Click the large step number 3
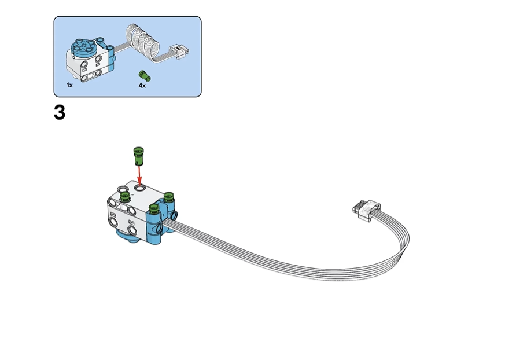click(60, 113)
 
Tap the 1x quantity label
click(69, 85)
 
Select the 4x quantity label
click(142, 85)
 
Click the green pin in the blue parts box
click(145, 75)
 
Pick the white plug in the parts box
click(179, 52)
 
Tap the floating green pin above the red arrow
click(138, 156)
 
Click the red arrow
click(139, 175)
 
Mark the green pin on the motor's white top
click(124, 197)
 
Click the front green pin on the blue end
click(154, 209)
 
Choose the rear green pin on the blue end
click(168, 197)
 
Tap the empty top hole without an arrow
click(123, 189)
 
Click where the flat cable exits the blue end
click(165, 223)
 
